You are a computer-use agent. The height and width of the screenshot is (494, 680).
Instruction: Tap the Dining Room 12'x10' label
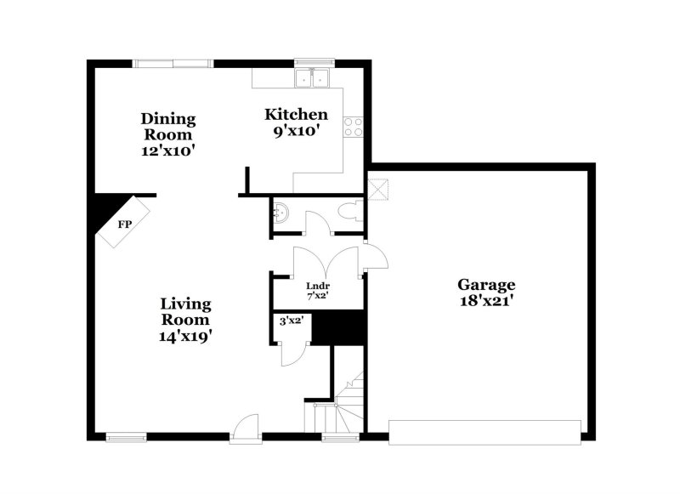(168, 134)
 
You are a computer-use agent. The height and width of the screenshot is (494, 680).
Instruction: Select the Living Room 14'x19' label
(186, 319)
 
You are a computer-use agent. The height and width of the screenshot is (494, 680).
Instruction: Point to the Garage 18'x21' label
(485, 292)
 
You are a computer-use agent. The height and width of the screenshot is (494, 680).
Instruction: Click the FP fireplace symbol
(125, 224)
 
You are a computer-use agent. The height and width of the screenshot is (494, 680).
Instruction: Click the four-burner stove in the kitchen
(353, 128)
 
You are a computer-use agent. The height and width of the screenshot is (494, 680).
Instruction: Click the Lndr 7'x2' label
(318, 291)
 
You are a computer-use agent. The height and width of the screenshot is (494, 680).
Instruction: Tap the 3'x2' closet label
(292, 321)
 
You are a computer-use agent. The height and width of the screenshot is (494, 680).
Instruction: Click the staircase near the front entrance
(344, 407)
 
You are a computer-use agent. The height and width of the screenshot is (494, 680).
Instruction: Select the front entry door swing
(246, 426)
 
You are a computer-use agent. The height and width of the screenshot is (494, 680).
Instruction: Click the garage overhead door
(485, 431)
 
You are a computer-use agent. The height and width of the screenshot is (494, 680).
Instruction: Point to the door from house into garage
(375, 256)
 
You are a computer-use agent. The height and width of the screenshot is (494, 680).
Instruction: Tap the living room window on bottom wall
(126, 438)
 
